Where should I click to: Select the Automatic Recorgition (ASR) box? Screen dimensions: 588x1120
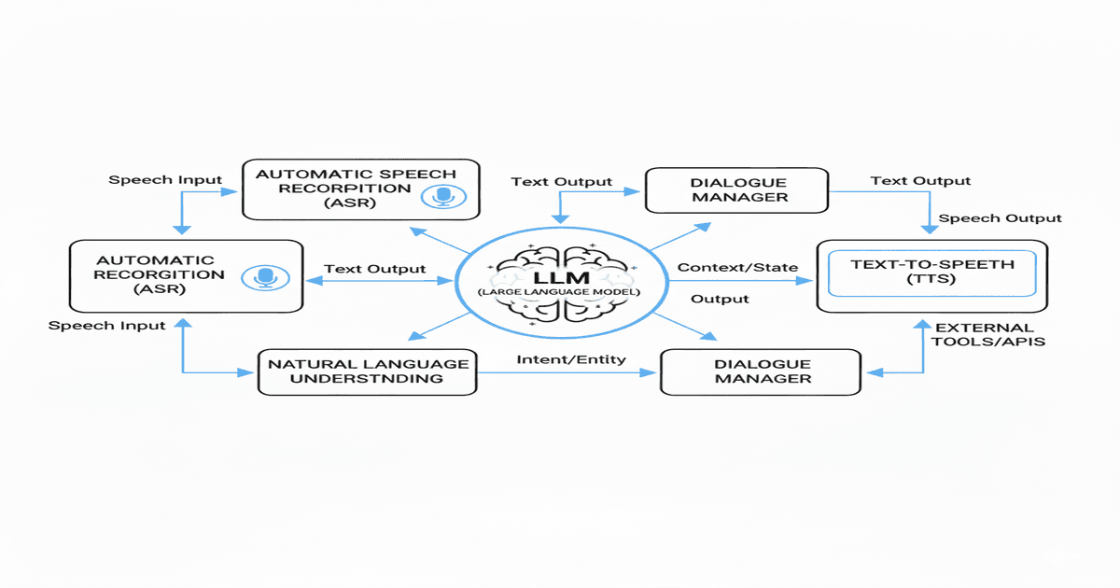tap(187, 275)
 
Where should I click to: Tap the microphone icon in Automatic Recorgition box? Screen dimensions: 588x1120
tap(266, 277)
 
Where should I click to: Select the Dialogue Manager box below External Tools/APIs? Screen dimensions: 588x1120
tap(762, 371)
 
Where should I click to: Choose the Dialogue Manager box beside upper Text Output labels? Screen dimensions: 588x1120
tap(736, 189)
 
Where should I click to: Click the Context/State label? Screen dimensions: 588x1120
tap(737, 268)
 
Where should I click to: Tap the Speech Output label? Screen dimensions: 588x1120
tap(1000, 218)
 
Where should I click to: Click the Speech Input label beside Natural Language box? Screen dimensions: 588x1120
tap(106, 326)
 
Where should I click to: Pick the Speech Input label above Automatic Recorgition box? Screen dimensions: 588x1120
tap(165, 179)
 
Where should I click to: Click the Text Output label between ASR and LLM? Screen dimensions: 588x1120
tap(374, 269)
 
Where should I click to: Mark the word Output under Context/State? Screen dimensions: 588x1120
tap(720, 299)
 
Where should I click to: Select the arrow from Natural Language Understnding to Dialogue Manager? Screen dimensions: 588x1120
tap(569, 371)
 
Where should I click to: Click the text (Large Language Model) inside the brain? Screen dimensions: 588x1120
tap(556, 294)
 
